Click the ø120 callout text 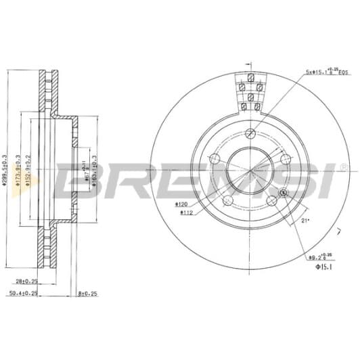pyautogui.click(x=181, y=204)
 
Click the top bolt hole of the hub pyautogui.click(x=250, y=133)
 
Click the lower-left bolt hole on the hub pyautogui.click(x=228, y=200)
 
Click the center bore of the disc pyautogui.click(x=250, y=169)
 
